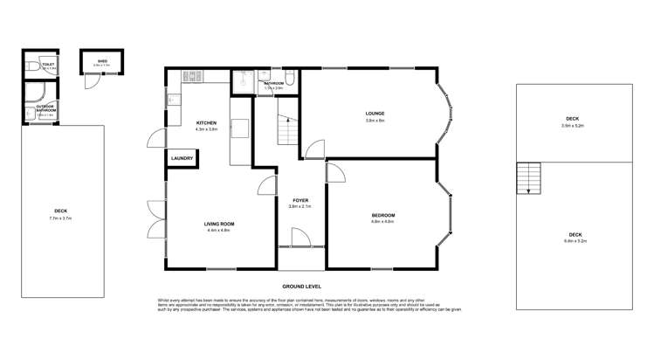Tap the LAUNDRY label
tap(182, 158)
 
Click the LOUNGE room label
tap(375, 114)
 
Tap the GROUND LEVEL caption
tap(302, 287)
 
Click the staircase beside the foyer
tap(285, 131)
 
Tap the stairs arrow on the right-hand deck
tap(529, 179)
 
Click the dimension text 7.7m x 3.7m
tap(61, 218)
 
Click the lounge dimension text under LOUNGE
tap(375, 121)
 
